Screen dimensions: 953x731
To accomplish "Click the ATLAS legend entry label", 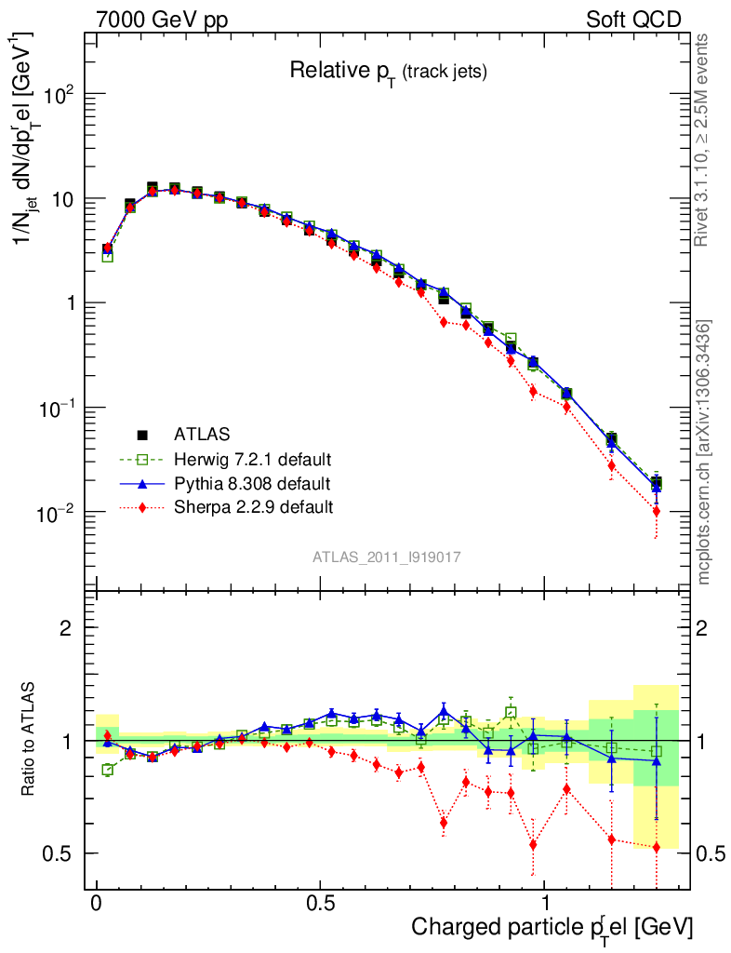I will tap(204, 434).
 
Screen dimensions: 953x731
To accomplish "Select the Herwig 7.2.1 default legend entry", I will tap(252, 459).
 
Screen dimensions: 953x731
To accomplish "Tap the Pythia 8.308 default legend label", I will tap(251, 483).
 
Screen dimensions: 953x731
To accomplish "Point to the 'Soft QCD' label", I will tap(633, 20).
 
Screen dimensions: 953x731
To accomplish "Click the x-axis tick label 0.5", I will tap(320, 904).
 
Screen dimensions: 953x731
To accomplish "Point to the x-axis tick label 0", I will tap(97, 904).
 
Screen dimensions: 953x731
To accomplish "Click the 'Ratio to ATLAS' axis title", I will tap(31, 740).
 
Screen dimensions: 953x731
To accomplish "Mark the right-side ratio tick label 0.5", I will tap(711, 853).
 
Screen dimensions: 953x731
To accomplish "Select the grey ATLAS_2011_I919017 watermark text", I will tap(387, 557).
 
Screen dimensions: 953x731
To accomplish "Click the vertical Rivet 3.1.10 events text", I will tap(702, 140).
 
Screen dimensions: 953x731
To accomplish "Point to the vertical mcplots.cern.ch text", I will tap(704, 451).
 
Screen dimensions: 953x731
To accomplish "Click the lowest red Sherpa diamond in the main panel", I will tap(657, 511).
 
